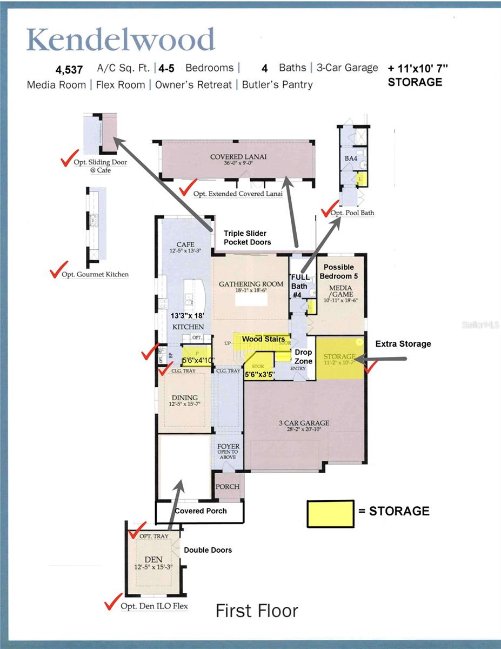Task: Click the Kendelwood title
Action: [x=121, y=40]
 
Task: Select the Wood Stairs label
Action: [x=263, y=339]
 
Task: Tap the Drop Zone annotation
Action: [x=303, y=356]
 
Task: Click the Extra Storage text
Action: [x=403, y=344]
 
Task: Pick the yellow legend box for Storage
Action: [x=330, y=513]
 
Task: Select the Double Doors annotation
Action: [x=208, y=550]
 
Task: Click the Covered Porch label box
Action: [x=201, y=511]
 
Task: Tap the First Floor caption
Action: [x=257, y=611]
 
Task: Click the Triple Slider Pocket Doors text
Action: [x=247, y=237]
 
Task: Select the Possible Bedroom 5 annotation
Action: [x=339, y=271]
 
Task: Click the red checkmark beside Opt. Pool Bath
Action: [x=329, y=209]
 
